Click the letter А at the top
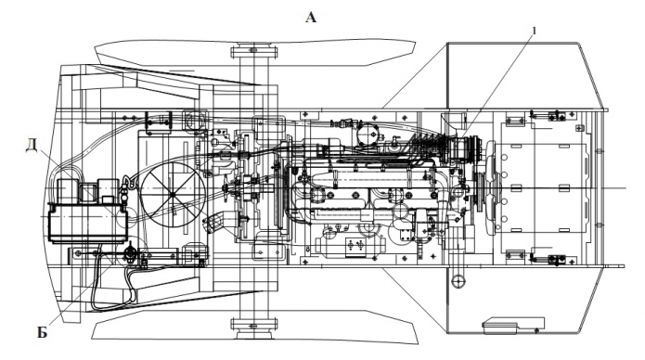311,18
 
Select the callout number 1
535,31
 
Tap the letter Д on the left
32,145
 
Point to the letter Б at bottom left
43,332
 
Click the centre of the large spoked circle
174,193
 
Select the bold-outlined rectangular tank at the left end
87,223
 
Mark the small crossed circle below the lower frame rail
458,281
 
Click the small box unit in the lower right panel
513,325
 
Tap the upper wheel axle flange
253,52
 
